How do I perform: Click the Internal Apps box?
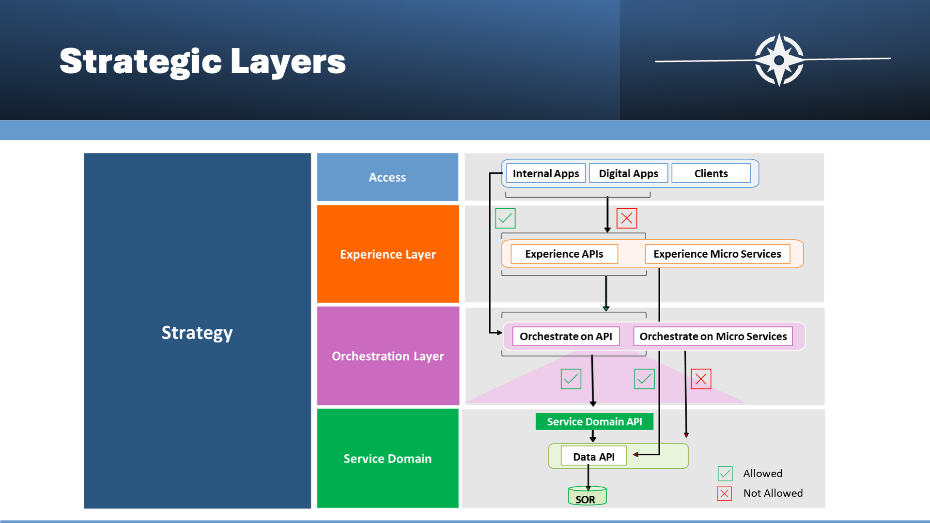(546, 173)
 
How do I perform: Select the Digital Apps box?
(628, 173)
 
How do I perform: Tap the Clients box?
(711, 173)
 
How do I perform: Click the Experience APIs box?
(564, 254)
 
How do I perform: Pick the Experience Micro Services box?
(717, 254)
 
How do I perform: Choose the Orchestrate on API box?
(566, 336)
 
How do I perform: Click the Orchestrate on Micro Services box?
(713, 336)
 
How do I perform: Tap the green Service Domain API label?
(594, 421)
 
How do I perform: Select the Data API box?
(594, 456)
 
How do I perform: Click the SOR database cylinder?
(587, 496)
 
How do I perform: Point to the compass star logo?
(779, 60)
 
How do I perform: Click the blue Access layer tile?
(387, 177)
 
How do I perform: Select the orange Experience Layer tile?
(387, 254)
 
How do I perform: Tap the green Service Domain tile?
(387, 458)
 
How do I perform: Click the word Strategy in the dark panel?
(197, 333)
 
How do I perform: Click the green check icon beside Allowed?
(725, 474)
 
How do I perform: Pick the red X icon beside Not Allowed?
(725, 493)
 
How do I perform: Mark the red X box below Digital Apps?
(627, 218)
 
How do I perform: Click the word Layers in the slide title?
(288, 62)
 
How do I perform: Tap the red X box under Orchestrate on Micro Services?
(701, 379)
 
